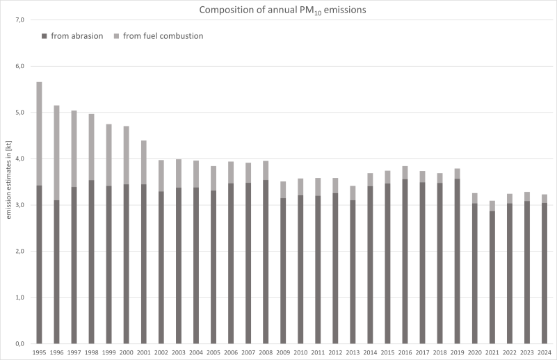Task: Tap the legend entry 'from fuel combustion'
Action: pyautogui.click(x=163, y=35)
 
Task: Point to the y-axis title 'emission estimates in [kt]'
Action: pyautogui.click(x=8, y=181)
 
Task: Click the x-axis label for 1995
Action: pyautogui.click(x=39, y=352)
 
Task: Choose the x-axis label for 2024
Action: pyautogui.click(x=544, y=352)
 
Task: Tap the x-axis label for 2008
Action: pyautogui.click(x=266, y=352)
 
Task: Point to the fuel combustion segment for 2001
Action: pyautogui.click(x=143, y=162)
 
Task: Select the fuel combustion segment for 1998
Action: pyautogui.click(x=91, y=147)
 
